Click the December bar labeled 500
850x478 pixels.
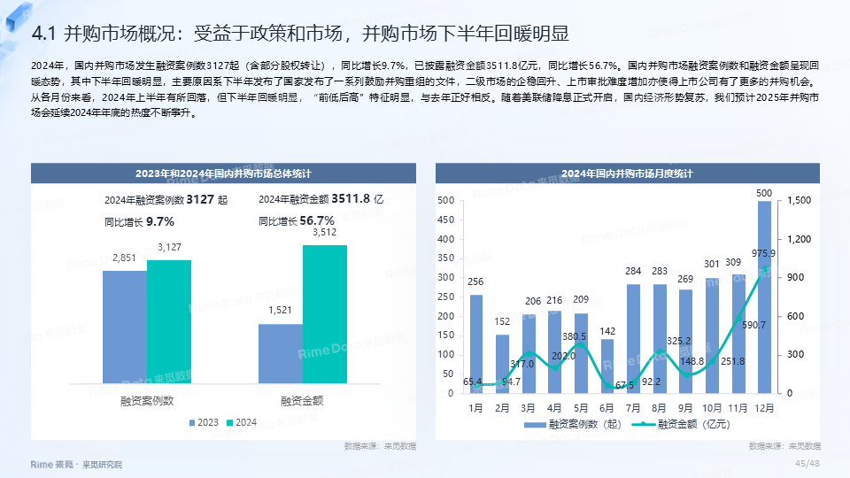[x=764, y=297]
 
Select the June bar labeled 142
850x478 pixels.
[x=607, y=365]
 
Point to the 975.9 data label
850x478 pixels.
[x=764, y=253]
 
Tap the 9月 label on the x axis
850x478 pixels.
[x=686, y=408]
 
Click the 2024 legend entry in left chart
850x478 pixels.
[x=241, y=422]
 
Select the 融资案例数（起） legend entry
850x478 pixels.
[x=576, y=425]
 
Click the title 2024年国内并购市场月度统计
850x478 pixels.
[x=628, y=173]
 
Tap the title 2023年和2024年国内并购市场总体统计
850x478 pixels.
[x=222, y=173]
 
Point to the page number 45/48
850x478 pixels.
[x=807, y=463]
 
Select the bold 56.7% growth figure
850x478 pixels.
[x=317, y=221]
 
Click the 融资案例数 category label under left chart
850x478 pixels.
[x=147, y=400]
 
